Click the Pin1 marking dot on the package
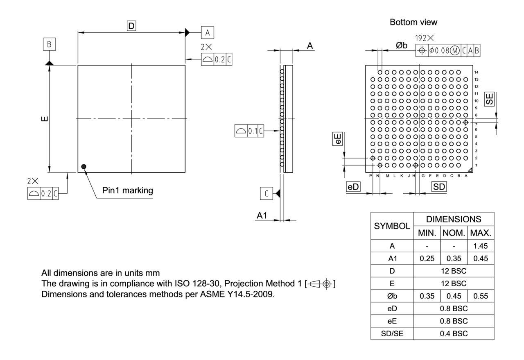point(84,166)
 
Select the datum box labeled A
point(208,32)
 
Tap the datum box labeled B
point(49,45)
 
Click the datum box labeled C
point(267,193)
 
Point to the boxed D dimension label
point(131,26)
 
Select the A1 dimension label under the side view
point(262,216)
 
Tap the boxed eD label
point(353,187)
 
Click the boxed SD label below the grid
point(439,187)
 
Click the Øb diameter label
point(402,45)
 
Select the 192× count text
point(425,38)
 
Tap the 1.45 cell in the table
point(480,246)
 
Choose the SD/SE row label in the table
point(392,333)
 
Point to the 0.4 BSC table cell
point(454,333)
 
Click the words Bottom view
point(413,22)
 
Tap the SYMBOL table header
point(392,226)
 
